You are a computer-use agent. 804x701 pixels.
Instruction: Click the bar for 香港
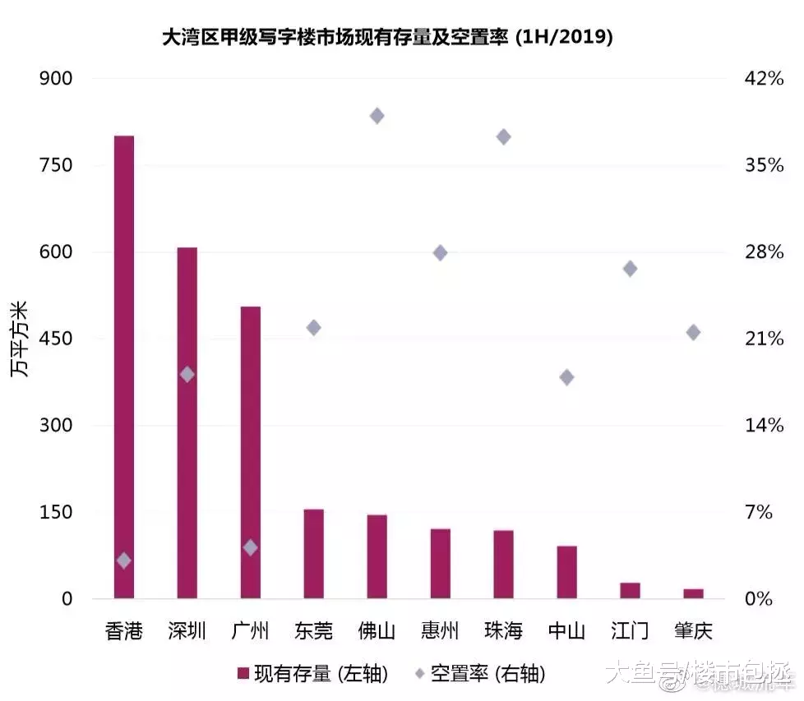point(124,367)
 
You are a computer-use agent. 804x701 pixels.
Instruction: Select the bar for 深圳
point(187,422)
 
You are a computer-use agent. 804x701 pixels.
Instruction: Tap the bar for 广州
point(251,452)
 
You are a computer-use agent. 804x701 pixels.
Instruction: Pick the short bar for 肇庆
point(693,593)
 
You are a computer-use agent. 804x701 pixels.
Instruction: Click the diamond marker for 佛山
point(377,116)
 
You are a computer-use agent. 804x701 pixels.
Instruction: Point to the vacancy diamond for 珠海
point(504,136)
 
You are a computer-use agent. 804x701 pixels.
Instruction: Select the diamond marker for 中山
point(566,377)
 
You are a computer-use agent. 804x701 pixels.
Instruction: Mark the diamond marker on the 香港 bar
point(124,560)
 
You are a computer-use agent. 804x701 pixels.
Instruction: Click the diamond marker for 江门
point(631,269)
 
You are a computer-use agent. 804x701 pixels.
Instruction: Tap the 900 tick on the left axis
point(57,79)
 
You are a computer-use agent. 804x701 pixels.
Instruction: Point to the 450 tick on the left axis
point(57,339)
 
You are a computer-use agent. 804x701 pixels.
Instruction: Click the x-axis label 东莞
point(313,631)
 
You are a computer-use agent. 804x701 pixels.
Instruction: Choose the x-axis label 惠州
point(440,631)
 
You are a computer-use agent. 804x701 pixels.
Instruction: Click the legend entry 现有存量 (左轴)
point(312,674)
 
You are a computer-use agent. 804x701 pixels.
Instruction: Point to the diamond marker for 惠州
point(441,252)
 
